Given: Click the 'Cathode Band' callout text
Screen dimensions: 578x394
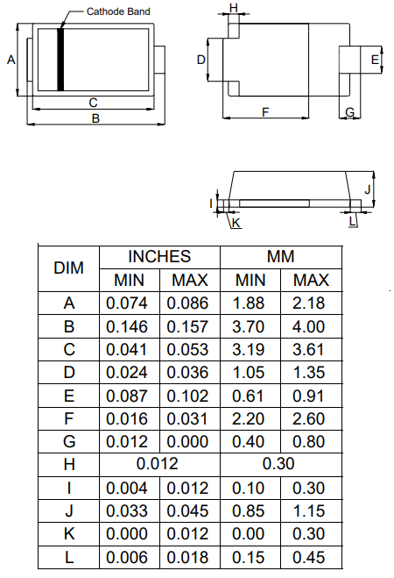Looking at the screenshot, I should (x=118, y=11).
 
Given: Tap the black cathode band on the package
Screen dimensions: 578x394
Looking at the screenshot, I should (x=60, y=59).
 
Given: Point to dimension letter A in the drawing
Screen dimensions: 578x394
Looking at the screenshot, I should (x=11, y=60).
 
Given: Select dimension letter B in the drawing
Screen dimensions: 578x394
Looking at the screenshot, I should (x=95, y=118).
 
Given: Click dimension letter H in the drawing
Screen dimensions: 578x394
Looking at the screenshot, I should (x=233, y=8).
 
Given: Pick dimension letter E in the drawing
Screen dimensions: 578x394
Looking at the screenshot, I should (x=375, y=60).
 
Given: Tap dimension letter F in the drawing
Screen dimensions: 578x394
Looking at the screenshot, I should (x=265, y=111).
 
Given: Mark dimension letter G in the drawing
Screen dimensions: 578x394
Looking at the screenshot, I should (x=349, y=113).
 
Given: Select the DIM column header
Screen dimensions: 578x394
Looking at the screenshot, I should (x=69, y=268).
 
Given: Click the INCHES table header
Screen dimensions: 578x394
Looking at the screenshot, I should (x=159, y=257).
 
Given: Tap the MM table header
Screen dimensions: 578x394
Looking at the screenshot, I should (x=280, y=257).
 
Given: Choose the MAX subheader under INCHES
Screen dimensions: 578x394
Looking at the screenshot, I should (x=189, y=281).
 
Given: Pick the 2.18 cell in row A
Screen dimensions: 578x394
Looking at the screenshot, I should (x=311, y=303).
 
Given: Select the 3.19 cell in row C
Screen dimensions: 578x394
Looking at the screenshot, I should (x=250, y=350).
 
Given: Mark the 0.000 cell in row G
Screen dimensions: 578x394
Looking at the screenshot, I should (x=189, y=441).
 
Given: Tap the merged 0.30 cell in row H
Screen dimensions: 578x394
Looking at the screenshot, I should (x=280, y=464).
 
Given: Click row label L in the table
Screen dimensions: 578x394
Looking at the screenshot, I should (x=69, y=556).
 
